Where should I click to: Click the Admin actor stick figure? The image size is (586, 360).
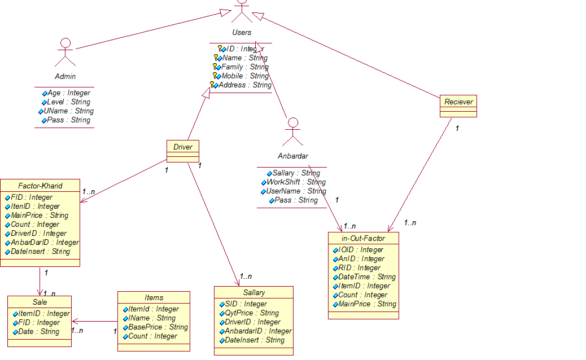click(x=65, y=52)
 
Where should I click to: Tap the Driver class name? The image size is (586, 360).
click(x=183, y=147)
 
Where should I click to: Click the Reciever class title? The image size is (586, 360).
click(x=458, y=102)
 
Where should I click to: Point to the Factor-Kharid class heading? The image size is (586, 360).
click(x=40, y=186)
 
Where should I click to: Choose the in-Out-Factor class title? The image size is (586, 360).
click(x=364, y=238)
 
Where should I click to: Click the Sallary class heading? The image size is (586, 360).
click(x=253, y=292)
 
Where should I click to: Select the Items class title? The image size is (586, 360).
click(x=154, y=297)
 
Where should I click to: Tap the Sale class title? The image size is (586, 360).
click(x=40, y=302)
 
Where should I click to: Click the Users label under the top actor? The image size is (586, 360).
click(x=242, y=32)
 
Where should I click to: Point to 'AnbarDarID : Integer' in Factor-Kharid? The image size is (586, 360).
click(x=45, y=242)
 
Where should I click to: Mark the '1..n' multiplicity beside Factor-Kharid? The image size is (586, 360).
click(x=89, y=192)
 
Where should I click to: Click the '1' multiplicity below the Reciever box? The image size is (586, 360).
click(x=457, y=128)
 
